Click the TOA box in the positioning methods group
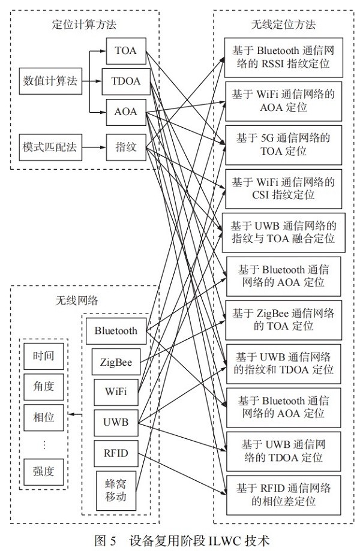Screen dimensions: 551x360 125,51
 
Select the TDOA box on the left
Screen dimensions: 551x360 125,81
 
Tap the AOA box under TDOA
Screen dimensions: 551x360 125,112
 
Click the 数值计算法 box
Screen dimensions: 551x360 50,81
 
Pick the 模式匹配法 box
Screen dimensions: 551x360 50,146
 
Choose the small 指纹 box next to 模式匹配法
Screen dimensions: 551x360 125,146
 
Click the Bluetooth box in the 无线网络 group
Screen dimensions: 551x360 116,330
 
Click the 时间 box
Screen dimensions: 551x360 43,356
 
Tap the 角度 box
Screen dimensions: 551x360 43,387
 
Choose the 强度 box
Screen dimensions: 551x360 43,471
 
